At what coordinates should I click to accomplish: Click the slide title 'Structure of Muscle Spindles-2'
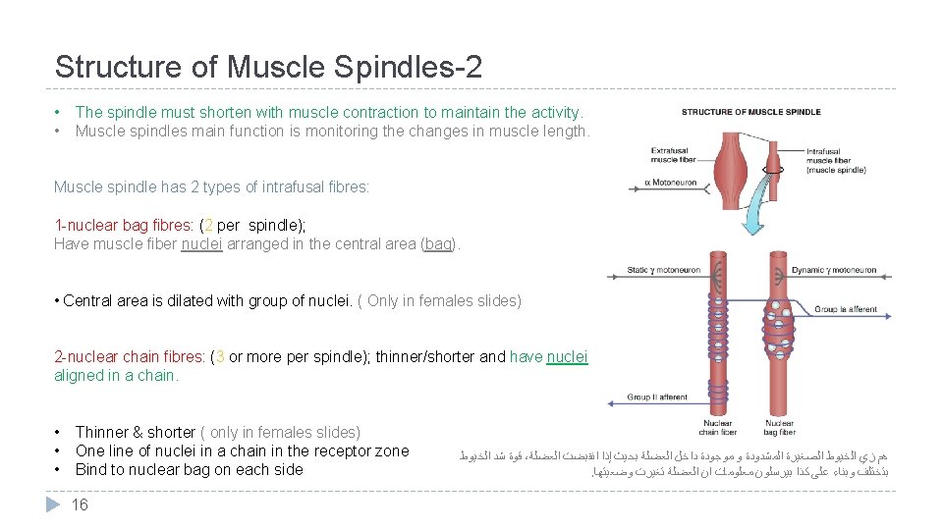268,67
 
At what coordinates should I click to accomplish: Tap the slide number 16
80,504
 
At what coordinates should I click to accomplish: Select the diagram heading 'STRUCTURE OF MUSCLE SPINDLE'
750,112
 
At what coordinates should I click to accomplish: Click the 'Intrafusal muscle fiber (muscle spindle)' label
836,161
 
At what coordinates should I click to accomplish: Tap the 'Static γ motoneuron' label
664,270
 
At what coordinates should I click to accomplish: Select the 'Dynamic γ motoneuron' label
833,270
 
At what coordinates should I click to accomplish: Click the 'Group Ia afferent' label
846,309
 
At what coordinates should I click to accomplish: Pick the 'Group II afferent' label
658,397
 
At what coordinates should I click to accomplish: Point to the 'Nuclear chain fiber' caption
717,428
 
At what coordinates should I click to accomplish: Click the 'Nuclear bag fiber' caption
779,428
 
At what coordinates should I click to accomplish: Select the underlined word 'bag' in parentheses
438,244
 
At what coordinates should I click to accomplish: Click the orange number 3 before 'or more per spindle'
220,357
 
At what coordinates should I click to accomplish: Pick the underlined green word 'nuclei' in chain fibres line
567,357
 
